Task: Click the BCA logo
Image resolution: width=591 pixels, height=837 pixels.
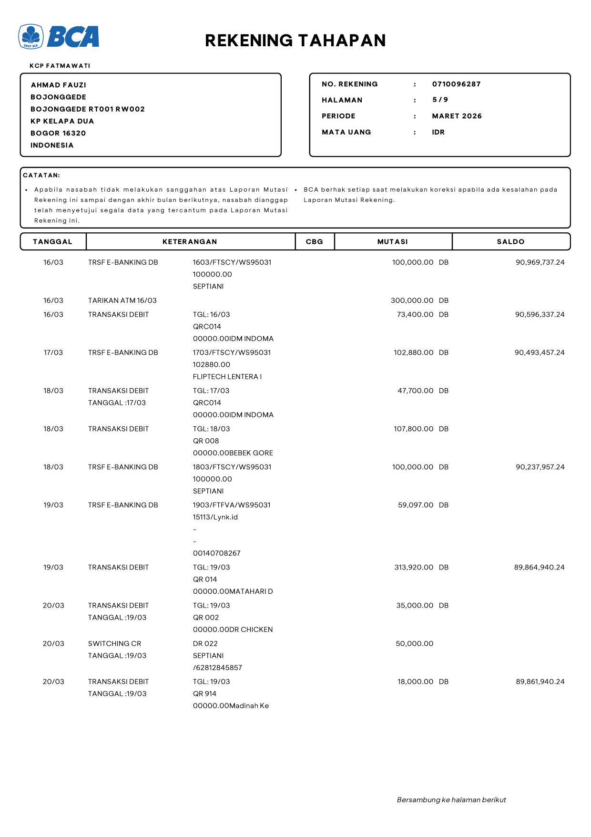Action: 59,37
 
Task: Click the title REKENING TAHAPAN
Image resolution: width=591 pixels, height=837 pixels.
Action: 295,41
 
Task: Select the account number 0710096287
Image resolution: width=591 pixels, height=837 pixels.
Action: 456,84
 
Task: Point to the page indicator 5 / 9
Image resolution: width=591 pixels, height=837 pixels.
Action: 440,100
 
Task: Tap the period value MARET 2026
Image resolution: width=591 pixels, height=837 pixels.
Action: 457,116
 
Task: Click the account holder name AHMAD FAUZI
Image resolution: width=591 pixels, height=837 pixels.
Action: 59,85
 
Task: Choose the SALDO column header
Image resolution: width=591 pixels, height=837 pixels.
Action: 510,242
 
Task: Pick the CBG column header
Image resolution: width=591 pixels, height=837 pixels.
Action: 314,242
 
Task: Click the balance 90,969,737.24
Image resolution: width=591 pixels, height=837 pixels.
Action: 540,262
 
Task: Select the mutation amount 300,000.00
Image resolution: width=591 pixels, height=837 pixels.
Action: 412,300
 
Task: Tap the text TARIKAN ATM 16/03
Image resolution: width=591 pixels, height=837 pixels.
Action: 122,300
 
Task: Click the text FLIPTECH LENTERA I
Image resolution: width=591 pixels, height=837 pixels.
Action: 227,377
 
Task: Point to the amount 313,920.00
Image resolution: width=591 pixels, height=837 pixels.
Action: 414,568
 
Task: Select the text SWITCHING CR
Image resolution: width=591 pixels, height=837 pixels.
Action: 114,644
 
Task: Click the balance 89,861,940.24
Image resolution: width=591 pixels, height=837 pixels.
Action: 540,682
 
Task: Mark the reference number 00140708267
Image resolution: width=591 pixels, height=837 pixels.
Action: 216,553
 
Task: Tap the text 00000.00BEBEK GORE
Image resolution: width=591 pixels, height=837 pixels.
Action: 233,453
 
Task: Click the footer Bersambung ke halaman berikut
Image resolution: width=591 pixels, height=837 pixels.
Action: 451,800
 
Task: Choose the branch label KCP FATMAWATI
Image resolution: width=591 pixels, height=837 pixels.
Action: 60,66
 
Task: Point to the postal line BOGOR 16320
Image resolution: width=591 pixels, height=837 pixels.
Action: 58,133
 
